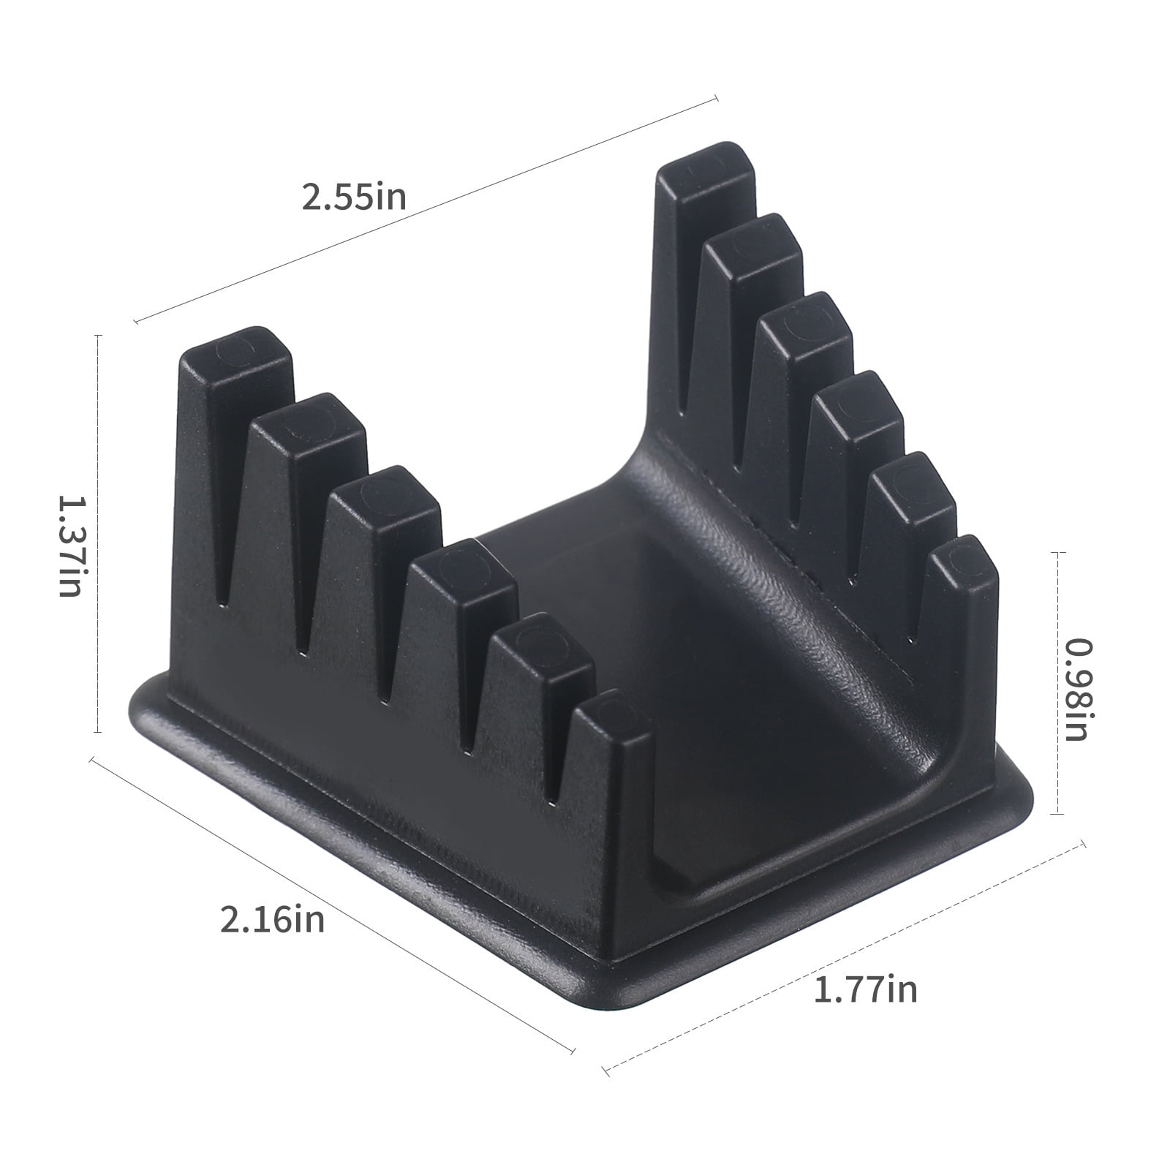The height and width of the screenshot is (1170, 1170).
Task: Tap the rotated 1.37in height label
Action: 71,546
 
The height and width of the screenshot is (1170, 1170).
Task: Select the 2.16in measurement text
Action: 272,918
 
